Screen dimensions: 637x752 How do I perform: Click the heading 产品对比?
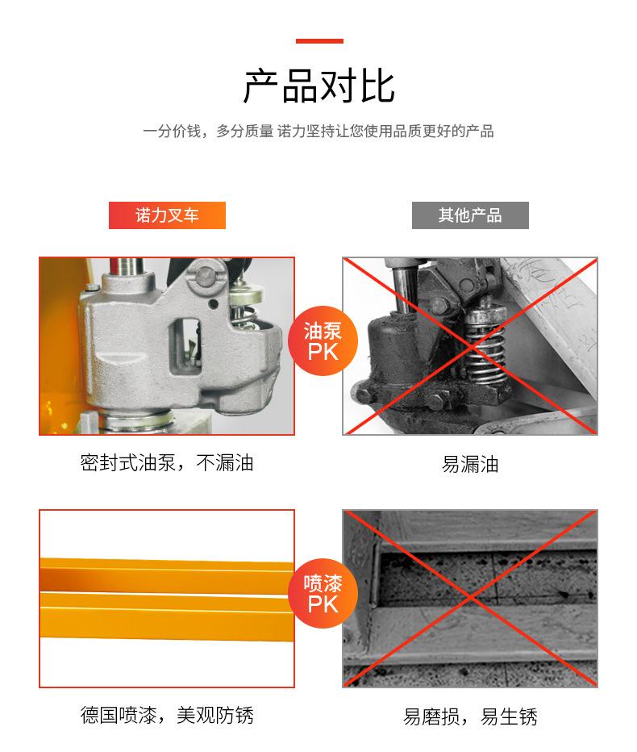318,86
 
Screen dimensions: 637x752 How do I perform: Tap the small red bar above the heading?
319,41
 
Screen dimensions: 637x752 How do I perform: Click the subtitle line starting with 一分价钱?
318,131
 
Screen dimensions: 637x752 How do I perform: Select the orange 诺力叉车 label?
167,215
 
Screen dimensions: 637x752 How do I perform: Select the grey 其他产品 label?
470,215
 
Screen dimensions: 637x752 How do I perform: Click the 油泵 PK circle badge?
323,340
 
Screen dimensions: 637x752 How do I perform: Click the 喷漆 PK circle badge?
323,593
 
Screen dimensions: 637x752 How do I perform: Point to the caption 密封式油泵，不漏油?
167,463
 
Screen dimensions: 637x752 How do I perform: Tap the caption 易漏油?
470,464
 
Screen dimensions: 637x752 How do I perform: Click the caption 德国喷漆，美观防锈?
167,715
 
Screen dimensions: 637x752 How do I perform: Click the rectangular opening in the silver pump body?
185,349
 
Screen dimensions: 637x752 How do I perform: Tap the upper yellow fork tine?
167,574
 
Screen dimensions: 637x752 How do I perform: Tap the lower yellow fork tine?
167,616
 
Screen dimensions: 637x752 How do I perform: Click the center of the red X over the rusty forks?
470,598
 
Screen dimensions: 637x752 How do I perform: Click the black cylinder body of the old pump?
393,350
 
